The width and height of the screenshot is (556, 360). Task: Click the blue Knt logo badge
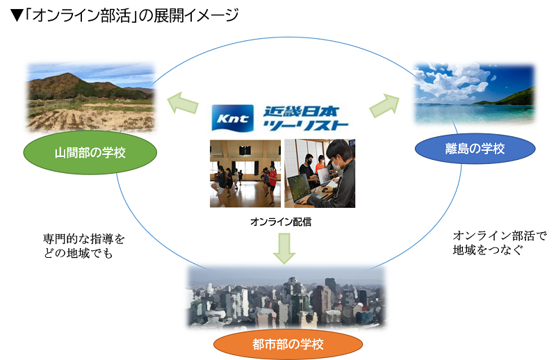click(x=233, y=117)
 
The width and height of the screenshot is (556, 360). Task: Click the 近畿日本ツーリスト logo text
click(x=305, y=118)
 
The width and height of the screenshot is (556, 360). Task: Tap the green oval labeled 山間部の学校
click(x=90, y=152)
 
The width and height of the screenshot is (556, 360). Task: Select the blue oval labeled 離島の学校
click(x=475, y=148)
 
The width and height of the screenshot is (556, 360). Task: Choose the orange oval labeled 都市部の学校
click(x=288, y=344)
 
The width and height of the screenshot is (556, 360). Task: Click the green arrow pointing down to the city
click(x=284, y=248)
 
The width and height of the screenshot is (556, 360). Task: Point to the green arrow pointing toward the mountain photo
click(x=183, y=103)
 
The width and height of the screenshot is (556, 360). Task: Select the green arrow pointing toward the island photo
click(x=384, y=106)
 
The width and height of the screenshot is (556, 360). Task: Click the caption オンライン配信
click(x=281, y=222)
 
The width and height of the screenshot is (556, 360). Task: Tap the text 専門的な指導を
click(x=84, y=238)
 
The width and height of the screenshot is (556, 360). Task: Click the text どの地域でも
click(x=78, y=253)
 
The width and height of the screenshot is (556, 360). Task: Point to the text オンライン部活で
click(x=500, y=236)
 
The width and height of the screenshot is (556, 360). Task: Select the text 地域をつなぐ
click(x=488, y=249)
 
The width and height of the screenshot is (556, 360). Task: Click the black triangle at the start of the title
click(x=17, y=15)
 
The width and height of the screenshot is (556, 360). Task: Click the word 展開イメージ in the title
click(x=196, y=15)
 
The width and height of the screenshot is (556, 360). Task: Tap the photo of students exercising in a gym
click(x=245, y=174)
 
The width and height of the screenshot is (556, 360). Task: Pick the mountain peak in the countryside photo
click(x=67, y=75)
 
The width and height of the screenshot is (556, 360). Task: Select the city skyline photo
click(x=286, y=297)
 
